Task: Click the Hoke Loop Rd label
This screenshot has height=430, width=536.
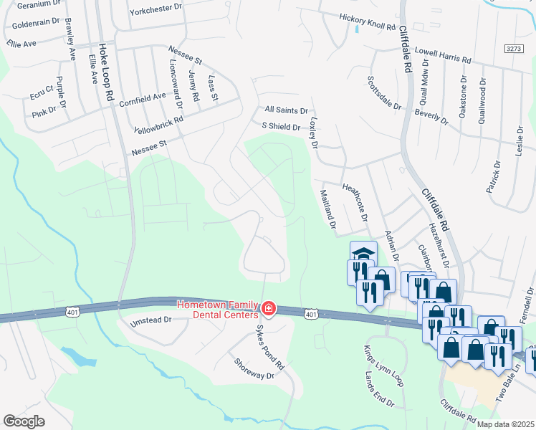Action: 108,63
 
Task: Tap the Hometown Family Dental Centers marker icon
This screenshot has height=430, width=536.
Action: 269,309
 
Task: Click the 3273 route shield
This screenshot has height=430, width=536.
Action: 513,48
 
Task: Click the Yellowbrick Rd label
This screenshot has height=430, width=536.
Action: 158,124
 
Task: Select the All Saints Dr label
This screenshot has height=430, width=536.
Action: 286,111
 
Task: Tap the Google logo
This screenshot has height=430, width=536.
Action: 24,421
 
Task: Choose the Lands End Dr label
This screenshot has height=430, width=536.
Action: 380,394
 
